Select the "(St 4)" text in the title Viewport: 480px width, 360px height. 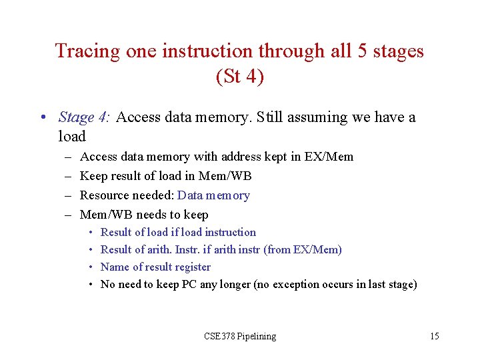pyautogui.click(x=240, y=77)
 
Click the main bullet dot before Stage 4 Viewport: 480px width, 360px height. pyautogui.click(x=42, y=118)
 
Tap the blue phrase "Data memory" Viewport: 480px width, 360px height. pyautogui.click(x=213, y=195)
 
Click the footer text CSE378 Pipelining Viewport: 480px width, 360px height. pyautogui.click(x=240, y=336)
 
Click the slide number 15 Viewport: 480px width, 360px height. pyautogui.click(x=434, y=336)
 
